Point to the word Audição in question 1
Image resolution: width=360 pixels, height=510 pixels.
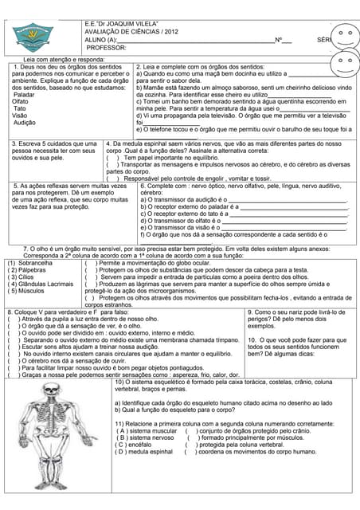click(x=25, y=123)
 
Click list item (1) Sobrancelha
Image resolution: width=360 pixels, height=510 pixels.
click(x=29, y=262)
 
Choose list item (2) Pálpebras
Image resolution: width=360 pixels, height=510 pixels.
click(x=27, y=270)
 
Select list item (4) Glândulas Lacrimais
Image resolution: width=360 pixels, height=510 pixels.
click(x=40, y=284)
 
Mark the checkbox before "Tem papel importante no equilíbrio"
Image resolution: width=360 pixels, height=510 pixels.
click(x=112, y=158)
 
